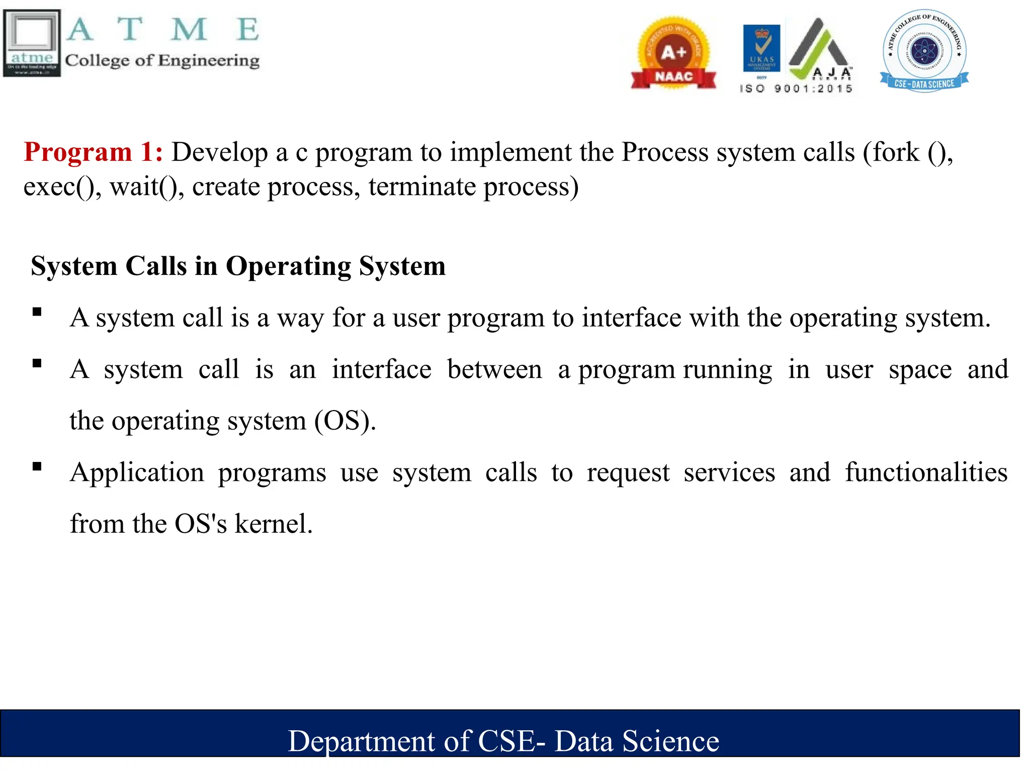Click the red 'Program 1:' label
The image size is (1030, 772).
tap(93, 152)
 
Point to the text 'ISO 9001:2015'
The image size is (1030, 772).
tap(796, 89)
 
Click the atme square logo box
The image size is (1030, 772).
tap(32, 43)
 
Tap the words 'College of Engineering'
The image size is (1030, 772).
tap(162, 61)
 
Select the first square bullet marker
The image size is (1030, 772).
tap(37, 312)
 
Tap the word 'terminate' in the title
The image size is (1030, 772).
tap(422, 187)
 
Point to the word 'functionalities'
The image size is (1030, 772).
tap(926, 472)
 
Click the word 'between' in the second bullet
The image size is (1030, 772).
tap(494, 370)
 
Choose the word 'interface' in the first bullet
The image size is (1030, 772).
tap(631, 318)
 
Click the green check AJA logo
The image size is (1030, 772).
tap(820, 50)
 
